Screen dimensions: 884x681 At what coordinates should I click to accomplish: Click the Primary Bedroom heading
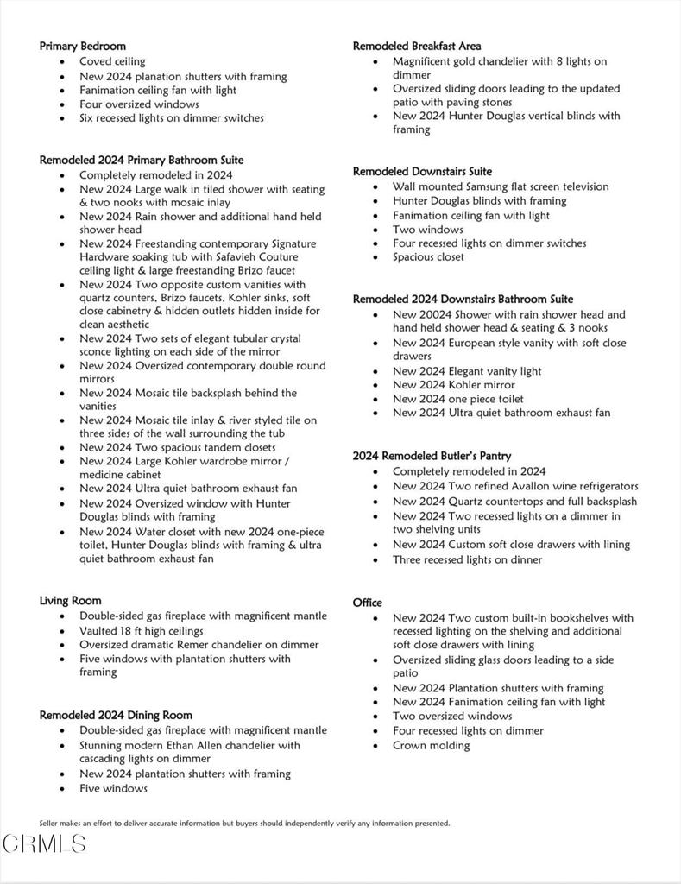[x=82, y=46]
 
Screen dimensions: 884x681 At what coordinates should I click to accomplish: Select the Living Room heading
[x=70, y=600]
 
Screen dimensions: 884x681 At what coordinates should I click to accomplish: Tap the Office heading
[x=367, y=603]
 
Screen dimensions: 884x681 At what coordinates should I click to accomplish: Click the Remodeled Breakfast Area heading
[x=417, y=46]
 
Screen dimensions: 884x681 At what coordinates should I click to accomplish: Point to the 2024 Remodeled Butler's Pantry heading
[x=432, y=456]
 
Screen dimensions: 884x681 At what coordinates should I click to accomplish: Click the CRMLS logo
[x=44, y=843]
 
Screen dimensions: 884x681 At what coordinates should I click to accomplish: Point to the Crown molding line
[x=431, y=745]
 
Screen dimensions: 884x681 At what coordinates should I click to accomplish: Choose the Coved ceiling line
[x=112, y=61]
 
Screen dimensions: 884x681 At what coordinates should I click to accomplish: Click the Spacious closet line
[x=428, y=256]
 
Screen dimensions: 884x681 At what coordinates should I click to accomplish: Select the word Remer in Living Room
[x=216, y=644]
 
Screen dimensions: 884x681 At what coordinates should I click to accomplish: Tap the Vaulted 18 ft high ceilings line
[x=142, y=630]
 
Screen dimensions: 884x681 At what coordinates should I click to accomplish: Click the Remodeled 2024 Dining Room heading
[x=116, y=715]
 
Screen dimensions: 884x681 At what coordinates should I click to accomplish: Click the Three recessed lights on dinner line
[x=467, y=559]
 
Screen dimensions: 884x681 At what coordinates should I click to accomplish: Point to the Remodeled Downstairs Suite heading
[x=422, y=171]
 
